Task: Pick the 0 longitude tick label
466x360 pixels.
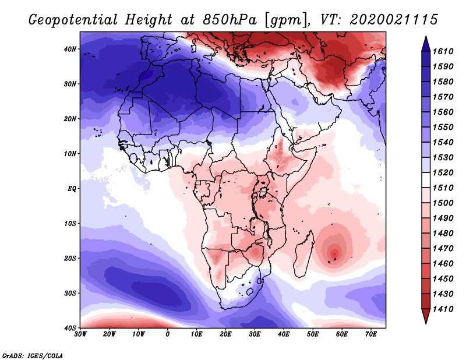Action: click(x=168, y=334)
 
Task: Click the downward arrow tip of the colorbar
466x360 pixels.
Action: click(x=426, y=321)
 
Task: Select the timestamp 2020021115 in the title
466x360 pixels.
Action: click(x=393, y=20)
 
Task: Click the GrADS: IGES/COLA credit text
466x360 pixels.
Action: click(x=32, y=355)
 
